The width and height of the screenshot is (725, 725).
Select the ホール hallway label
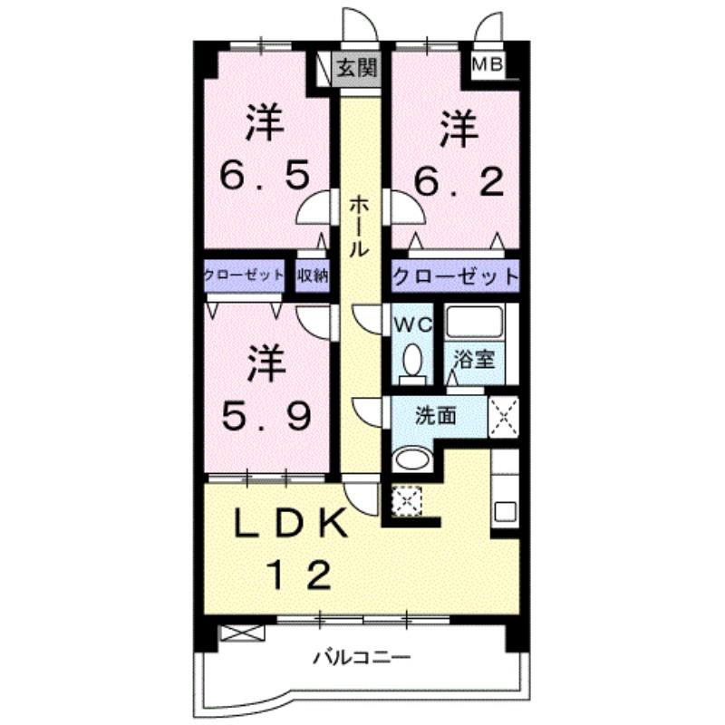359,227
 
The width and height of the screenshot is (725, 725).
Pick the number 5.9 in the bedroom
268,416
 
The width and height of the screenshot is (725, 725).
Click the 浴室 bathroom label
474,358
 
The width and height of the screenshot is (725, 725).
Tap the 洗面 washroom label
436,417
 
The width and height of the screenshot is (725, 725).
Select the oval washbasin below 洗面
413,459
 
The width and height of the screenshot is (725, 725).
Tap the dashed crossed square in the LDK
407,498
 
